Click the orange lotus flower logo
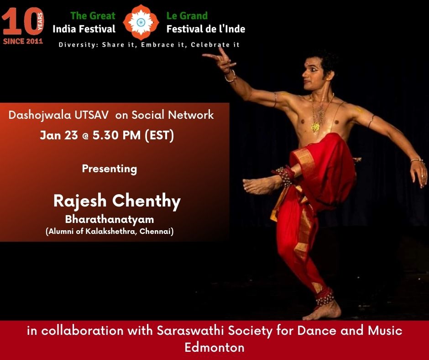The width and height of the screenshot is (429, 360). click(x=141, y=22)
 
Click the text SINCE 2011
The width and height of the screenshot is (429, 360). click(x=23, y=42)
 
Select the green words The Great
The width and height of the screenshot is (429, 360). click(x=93, y=16)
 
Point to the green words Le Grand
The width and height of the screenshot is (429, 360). click(x=187, y=16)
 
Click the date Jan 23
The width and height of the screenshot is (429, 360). click(x=59, y=135)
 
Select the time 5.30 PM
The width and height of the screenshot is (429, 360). click(x=116, y=135)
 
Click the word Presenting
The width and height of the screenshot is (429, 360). click(x=110, y=169)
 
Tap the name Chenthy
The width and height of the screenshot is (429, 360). click(x=146, y=201)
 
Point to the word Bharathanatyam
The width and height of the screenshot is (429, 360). click(x=110, y=219)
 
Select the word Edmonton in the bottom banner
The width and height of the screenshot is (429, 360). click(x=214, y=347)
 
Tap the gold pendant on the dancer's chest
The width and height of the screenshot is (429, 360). click(x=315, y=127)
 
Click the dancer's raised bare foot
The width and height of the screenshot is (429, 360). click(x=260, y=185)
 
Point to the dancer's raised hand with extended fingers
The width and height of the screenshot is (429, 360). click(x=221, y=60)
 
